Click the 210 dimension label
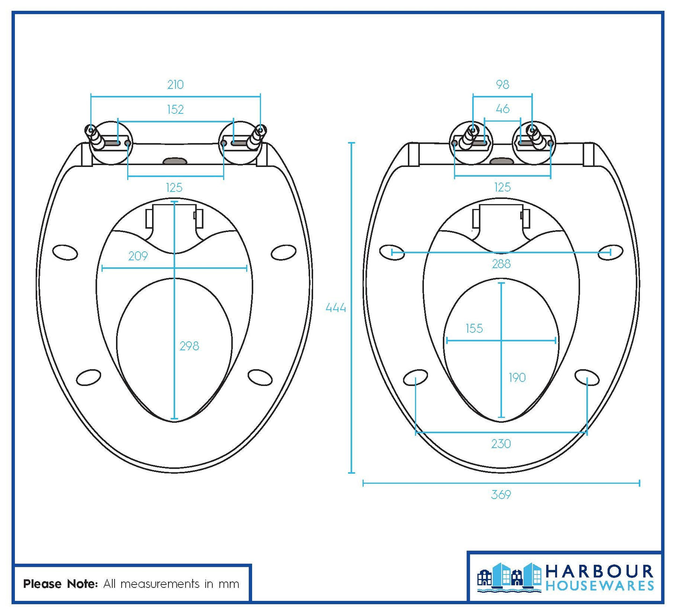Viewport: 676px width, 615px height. click(x=175, y=85)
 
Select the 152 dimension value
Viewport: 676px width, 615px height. click(x=175, y=109)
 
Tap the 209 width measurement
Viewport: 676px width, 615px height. click(x=138, y=256)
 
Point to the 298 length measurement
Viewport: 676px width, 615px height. click(x=189, y=346)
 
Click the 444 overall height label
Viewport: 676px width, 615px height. click(x=336, y=308)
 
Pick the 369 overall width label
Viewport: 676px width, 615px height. click(x=501, y=495)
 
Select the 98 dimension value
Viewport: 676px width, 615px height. click(x=502, y=85)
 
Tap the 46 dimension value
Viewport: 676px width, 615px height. click(x=502, y=109)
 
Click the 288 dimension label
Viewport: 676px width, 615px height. click(x=501, y=264)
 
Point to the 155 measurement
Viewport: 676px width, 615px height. click(x=474, y=329)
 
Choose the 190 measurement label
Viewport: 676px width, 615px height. click(x=517, y=377)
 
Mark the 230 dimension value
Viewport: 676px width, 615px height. click(x=501, y=444)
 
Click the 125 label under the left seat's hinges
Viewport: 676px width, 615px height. click(x=174, y=188)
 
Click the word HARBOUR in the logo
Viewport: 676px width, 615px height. click(x=599, y=572)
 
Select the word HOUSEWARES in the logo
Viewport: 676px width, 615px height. click(x=600, y=586)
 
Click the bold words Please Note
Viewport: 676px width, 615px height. click(x=60, y=584)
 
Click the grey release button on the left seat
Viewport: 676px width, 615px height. click(x=175, y=161)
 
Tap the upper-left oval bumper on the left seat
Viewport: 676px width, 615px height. click(x=65, y=252)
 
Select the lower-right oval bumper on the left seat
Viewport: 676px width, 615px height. click(x=260, y=377)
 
